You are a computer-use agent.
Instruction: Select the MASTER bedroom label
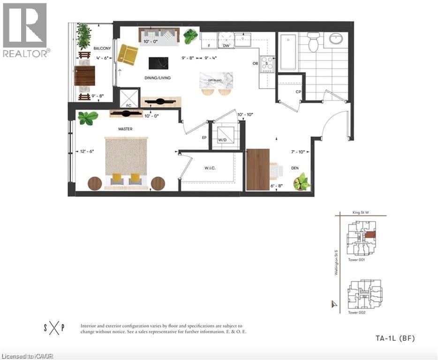click(x=125, y=129)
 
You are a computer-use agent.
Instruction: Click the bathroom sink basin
click(x=337, y=39)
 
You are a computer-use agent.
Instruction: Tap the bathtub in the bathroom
click(x=287, y=52)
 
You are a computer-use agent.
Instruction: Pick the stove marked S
click(x=267, y=63)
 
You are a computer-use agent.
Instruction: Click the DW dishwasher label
click(x=227, y=46)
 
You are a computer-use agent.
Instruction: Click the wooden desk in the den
click(x=257, y=169)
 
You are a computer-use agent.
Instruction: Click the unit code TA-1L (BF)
click(x=395, y=338)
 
